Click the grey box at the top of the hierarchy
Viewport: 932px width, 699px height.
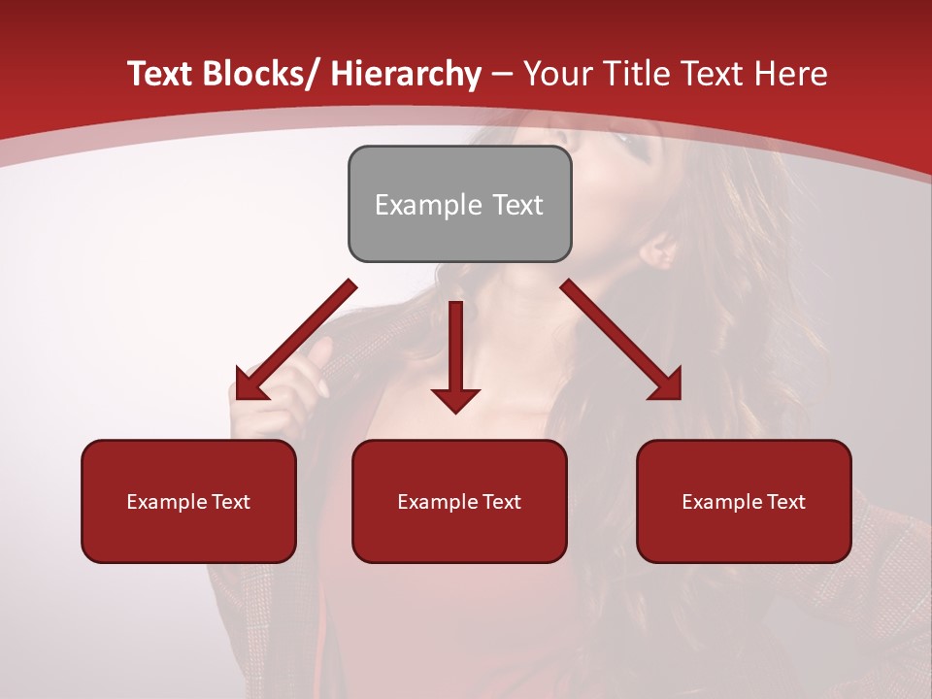pos(459,204)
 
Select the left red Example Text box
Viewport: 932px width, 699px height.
pos(188,501)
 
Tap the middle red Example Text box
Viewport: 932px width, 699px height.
pos(459,501)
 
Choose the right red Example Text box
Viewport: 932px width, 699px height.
pos(744,501)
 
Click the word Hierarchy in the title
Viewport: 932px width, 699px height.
pos(405,75)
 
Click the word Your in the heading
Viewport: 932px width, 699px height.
pos(555,75)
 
